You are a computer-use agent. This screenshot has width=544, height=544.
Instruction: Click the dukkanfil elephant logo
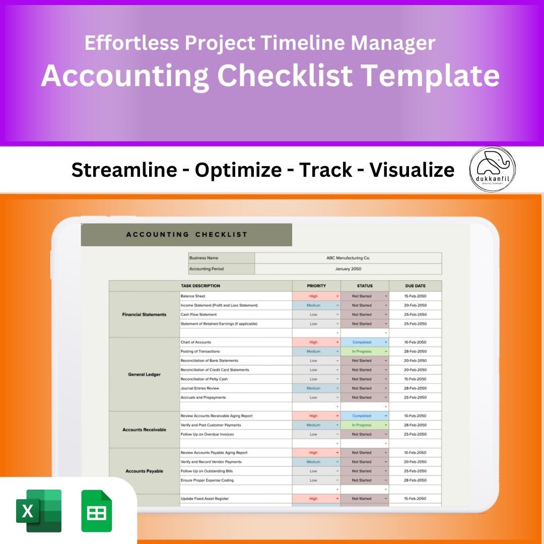point(493,170)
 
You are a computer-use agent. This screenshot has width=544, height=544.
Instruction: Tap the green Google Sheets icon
point(97,511)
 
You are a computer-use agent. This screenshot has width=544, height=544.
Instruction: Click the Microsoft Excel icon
point(39,511)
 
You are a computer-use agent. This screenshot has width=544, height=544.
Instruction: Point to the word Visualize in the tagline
point(412,170)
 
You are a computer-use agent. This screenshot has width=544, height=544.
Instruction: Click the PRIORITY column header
point(316,286)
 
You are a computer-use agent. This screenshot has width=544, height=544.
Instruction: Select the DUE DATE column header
point(415,286)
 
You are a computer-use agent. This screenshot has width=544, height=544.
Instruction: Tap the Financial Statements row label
point(144,315)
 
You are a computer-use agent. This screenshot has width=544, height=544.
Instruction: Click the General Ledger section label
point(144,374)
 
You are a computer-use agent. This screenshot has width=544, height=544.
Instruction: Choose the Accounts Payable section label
point(144,471)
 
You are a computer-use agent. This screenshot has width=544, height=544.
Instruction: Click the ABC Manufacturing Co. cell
point(348,258)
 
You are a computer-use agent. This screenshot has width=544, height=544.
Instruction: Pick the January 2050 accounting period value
point(348,269)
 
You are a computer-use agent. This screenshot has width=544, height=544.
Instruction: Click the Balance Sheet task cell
point(193,296)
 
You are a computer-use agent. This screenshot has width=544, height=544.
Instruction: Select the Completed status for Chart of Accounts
point(362,342)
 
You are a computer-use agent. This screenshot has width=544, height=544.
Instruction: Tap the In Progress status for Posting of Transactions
point(362,352)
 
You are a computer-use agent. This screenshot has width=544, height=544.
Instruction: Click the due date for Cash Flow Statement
point(415,315)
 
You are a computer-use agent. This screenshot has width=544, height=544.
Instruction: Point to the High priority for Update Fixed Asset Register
point(314,499)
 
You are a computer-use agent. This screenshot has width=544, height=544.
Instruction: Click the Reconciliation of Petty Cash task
point(204,379)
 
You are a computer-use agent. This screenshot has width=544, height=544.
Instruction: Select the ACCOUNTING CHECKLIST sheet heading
point(186,234)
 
